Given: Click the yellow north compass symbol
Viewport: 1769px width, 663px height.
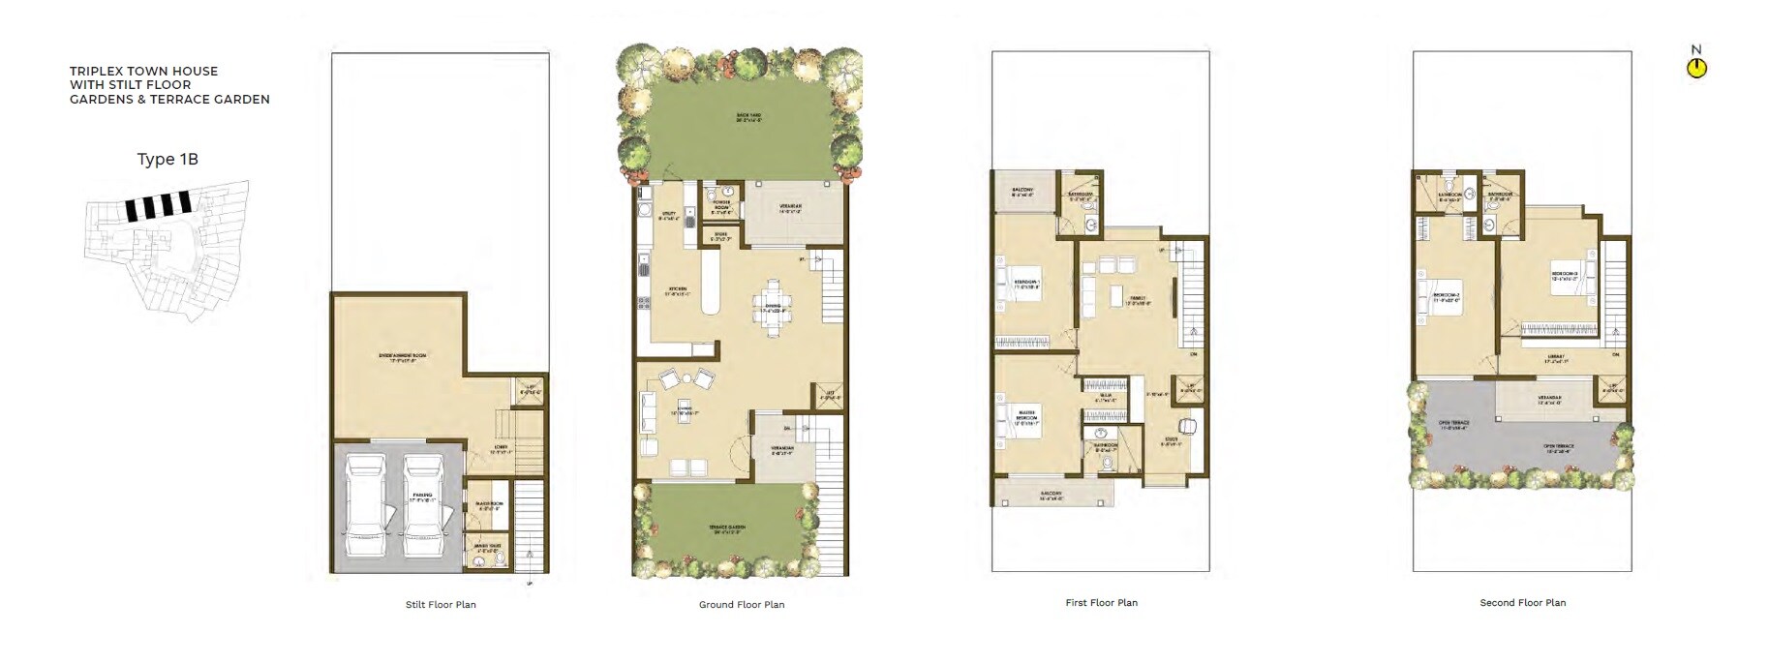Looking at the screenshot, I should point(1696,68).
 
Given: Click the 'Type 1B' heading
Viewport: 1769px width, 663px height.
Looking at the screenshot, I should point(168,160).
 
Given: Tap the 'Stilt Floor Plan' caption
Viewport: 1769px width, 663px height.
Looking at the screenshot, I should point(441,605).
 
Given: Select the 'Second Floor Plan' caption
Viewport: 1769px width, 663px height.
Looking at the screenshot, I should point(1522,603).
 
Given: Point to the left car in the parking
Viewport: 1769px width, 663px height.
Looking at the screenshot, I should point(366,506).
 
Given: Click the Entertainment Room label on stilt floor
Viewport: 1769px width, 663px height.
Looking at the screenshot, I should point(403,357).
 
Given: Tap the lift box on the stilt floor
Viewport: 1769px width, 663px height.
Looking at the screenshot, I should point(530,389).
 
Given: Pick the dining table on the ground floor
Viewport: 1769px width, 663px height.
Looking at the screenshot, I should point(773,308).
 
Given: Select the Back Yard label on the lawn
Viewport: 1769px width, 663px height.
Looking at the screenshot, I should point(748,118).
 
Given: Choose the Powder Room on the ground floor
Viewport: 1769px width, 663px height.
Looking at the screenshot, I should point(721,205).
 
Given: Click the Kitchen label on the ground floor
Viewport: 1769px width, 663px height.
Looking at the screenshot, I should point(676,289).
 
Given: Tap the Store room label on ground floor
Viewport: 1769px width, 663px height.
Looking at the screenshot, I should point(720,235).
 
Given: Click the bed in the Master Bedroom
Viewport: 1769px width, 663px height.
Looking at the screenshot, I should point(1018,418).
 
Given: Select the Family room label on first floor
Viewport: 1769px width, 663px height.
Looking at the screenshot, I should point(1137,301).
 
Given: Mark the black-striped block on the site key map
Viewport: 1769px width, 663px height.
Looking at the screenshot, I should point(157,205).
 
